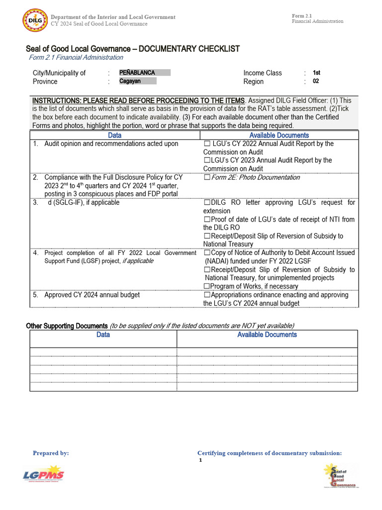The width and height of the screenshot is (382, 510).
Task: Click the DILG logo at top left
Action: pyautogui.click(x=35, y=20)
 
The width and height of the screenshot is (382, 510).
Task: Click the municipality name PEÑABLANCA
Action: pyautogui.click(x=137, y=73)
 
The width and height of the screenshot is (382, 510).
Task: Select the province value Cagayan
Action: pyautogui.click(x=130, y=81)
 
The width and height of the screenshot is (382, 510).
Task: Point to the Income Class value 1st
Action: pyautogui.click(x=316, y=73)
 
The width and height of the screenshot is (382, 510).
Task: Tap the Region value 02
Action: pyautogui.click(x=316, y=81)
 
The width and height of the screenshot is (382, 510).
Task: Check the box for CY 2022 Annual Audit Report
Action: pyautogui.click(x=207, y=144)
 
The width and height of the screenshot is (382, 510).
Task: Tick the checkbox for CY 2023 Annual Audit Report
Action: pyautogui.click(x=206, y=160)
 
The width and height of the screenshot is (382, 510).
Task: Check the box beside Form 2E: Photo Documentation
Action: pyautogui.click(x=206, y=178)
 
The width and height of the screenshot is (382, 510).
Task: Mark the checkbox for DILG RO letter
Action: pyautogui.click(x=206, y=203)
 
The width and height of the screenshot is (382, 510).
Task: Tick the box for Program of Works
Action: pyautogui.click(x=206, y=286)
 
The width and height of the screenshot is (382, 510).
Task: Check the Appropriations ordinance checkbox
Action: pyautogui.click(x=206, y=295)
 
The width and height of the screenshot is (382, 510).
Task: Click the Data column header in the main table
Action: pyautogui.click(x=114, y=135)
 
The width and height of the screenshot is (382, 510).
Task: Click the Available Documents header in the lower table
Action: pyautogui.click(x=267, y=335)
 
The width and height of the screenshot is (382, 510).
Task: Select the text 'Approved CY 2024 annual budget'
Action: pyautogui.click(x=92, y=295)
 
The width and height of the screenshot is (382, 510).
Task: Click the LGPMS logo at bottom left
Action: pyautogui.click(x=43, y=476)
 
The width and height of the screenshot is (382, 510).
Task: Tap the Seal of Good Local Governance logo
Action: pyautogui.click(x=340, y=476)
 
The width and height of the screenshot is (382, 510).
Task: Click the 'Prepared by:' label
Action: pyautogui.click(x=51, y=453)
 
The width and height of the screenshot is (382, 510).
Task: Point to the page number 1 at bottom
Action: pyautogui.click(x=200, y=461)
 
